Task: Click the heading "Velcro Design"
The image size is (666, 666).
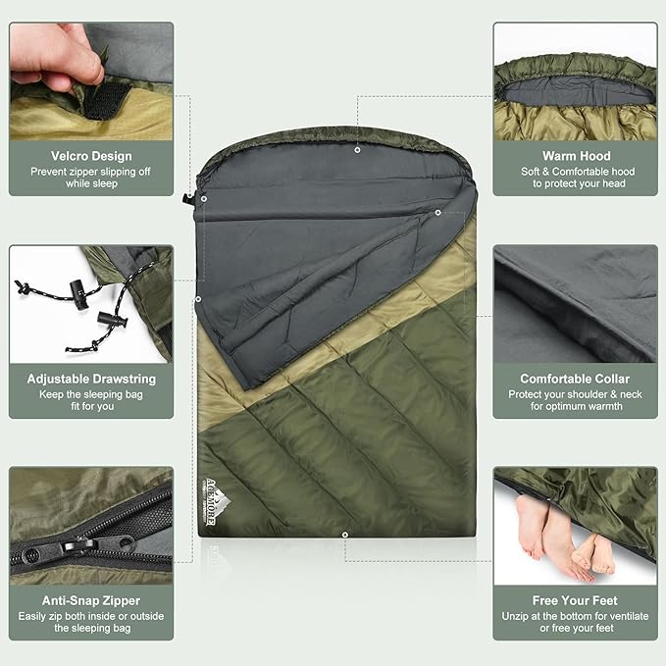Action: tap(91, 156)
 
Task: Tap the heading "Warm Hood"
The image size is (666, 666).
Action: tap(576, 156)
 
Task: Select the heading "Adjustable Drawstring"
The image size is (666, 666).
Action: tap(91, 379)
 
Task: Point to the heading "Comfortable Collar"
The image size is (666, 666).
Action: tap(575, 379)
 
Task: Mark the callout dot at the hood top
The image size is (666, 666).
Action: tap(357, 150)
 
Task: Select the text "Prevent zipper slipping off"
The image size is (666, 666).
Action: tap(91, 173)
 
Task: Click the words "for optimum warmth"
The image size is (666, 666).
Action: tap(576, 406)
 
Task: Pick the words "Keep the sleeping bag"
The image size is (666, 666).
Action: tap(91, 393)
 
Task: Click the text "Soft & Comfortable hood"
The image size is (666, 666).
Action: tap(576, 172)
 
